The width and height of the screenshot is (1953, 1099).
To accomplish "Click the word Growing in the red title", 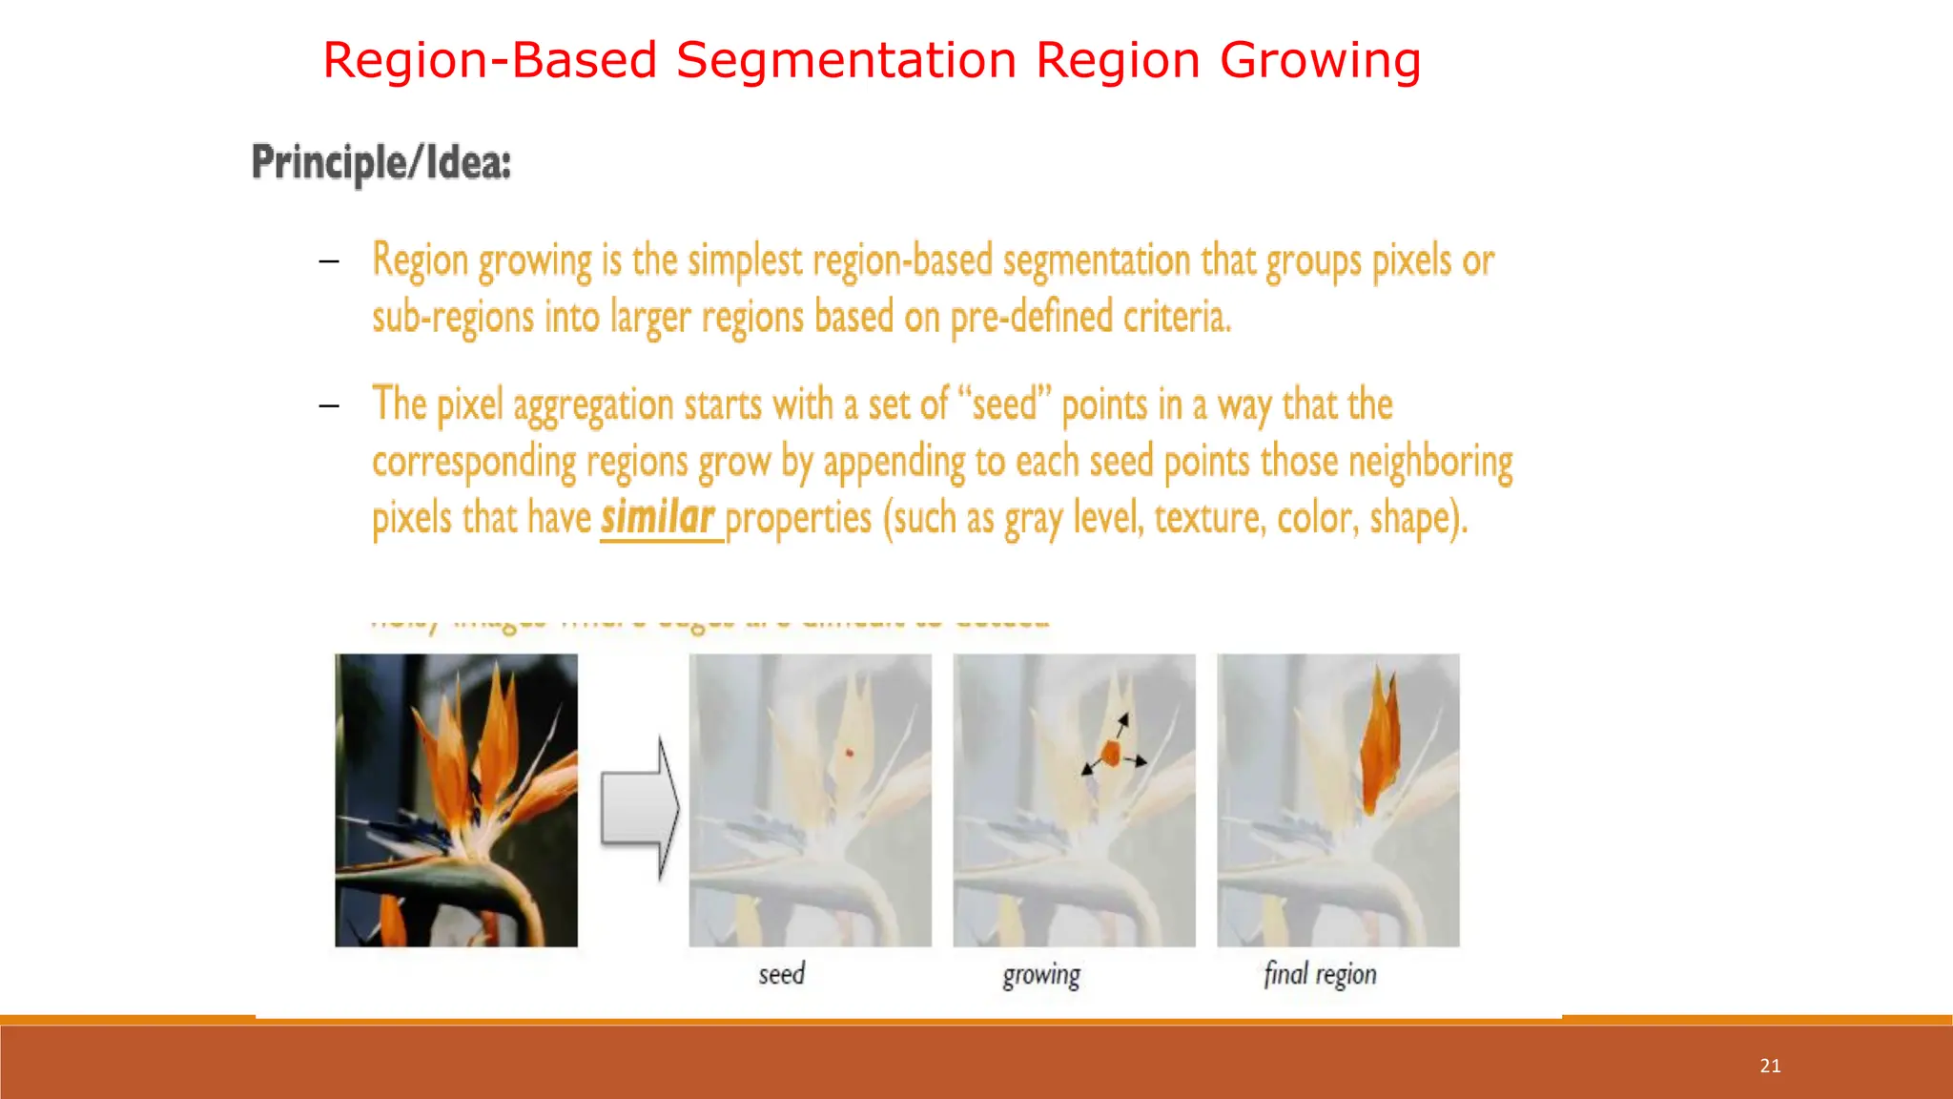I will click(x=1320, y=61).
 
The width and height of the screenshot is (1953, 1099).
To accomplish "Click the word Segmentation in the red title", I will click(x=847, y=61).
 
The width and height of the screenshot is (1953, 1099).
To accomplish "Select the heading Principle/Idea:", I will click(x=381, y=163).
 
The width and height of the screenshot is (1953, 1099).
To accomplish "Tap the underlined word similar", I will click(x=657, y=518).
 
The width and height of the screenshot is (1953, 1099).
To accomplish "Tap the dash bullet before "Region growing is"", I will click(x=329, y=261).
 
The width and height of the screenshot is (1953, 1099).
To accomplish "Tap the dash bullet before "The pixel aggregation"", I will click(x=329, y=406).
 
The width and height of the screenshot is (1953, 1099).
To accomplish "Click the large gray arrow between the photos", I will click(x=640, y=809).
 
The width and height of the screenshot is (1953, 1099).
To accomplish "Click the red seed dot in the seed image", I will click(x=850, y=754).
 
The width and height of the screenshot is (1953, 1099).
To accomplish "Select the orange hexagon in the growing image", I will click(x=1111, y=754).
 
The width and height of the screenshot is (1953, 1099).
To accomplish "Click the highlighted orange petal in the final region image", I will click(x=1380, y=749).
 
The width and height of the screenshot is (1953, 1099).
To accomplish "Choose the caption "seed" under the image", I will click(x=782, y=974).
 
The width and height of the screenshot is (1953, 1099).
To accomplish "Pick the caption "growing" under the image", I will click(x=1041, y=975).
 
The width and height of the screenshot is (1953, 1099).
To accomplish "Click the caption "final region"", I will click(x=1320, y=974).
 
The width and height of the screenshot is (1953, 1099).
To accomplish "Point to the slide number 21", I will click(x=1770, y=1066).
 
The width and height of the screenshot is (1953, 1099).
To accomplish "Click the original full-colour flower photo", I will click(x=456, y=799).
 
